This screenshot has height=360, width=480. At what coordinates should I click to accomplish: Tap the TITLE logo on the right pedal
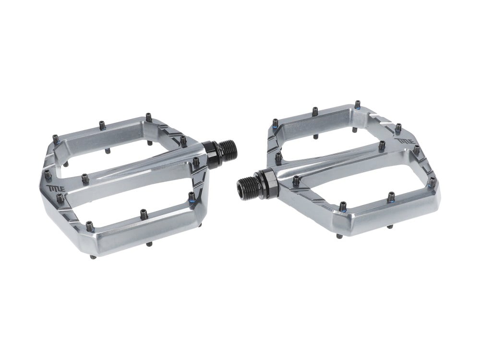(x=405, y=142)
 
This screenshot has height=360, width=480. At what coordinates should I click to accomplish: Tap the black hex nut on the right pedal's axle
(x=268, y=179)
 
